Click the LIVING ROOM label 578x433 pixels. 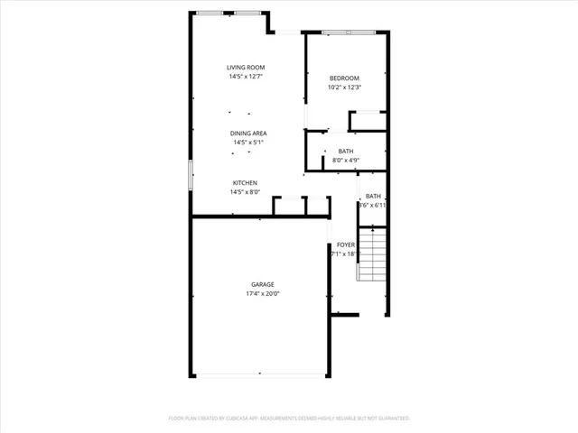coord(245,68)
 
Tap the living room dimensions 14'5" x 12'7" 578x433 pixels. coord(245,77)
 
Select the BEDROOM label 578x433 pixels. coord(344,78)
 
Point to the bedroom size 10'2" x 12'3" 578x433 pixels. coord(344,88)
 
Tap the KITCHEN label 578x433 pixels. coord(245,183)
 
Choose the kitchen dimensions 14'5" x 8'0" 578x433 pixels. coord(245,191)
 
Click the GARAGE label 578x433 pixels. coord(263,285)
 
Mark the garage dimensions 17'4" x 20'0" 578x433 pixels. coord(263,294)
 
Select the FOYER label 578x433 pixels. coord(345,244)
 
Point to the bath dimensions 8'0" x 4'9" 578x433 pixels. coord(346,161)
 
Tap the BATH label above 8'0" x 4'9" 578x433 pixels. coord(346,152)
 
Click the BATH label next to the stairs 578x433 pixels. coord(373,197)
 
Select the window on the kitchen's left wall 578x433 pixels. coord(190,174)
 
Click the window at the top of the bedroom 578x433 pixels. coord(348,32)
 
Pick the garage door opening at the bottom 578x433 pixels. coord(260,374)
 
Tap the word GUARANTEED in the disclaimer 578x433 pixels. coord(391,419)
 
